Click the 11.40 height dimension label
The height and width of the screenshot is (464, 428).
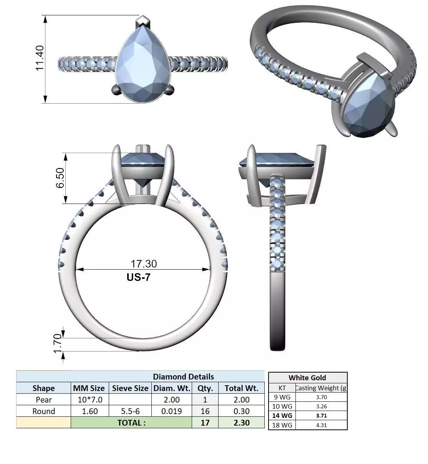[x=40, y=58]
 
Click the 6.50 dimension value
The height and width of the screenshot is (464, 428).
[x=60, y=178]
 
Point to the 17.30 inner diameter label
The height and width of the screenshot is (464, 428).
[x=144, y=264]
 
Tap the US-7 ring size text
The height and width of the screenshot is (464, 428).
[x=138, y=277]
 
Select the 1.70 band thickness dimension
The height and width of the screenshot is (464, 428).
[x=58, y=343]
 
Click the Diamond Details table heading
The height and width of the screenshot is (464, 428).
[x=183, y=377]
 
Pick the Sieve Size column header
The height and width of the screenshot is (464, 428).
[x=130, y=388]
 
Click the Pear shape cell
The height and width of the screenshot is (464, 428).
[x=44, y=400]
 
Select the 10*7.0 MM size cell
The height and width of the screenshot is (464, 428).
[x=90, y=400]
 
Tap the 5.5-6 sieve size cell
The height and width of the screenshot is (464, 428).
[x=130, y=411]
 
